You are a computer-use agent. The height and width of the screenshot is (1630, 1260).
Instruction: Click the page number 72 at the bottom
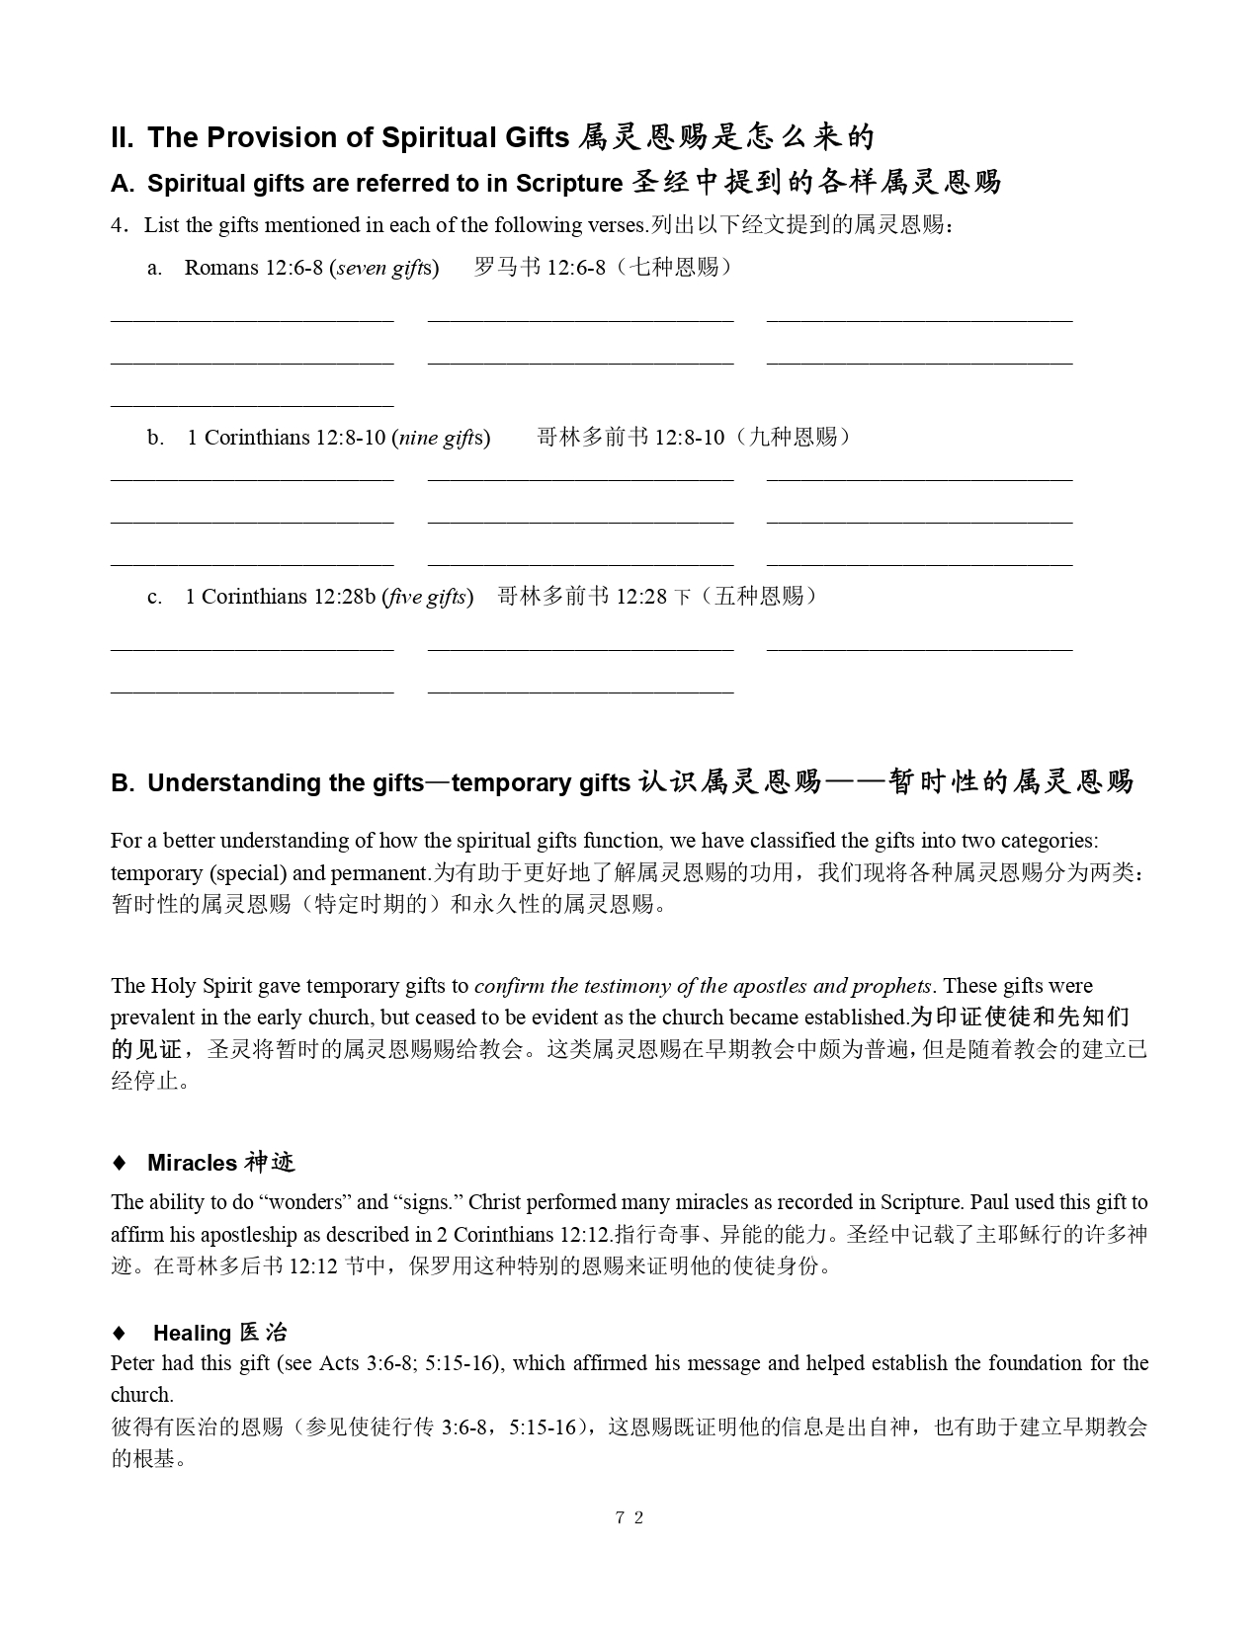coord(629,1517)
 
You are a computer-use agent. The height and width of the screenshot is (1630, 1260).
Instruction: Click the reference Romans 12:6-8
coord(254,268)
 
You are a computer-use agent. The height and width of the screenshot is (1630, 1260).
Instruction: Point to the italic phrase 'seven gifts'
coord(384,268)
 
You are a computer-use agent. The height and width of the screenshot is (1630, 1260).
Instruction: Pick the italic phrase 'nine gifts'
coord(441,438)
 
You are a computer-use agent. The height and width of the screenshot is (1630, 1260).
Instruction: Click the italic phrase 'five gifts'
coord(427,597)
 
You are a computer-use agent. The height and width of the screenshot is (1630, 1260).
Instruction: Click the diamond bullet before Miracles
coord(120,1163)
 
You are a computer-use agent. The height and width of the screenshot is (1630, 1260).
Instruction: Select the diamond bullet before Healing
coord(120,1333)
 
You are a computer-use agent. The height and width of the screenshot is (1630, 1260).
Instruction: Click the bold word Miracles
coord(192,1163)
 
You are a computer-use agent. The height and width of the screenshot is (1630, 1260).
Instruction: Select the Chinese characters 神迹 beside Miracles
coord(270,1163)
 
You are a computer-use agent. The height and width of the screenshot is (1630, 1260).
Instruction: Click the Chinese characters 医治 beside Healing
coord(263,1333)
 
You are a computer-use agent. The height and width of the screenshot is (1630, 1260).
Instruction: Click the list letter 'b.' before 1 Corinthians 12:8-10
coord(155,438)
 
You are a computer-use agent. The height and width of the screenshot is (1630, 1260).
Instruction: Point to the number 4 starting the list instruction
coord(117,225)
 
